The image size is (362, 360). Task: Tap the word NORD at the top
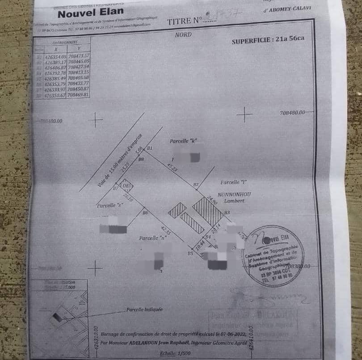[183, 35]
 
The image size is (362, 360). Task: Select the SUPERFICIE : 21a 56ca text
[268, 40]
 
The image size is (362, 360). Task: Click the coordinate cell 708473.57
[78, 55]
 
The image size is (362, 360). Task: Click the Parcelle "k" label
[183, 141]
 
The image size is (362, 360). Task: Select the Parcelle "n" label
[152, 238]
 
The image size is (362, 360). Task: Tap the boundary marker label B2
[196, 184]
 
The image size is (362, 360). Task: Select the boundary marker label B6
[145, 213]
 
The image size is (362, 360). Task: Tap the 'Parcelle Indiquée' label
[144, 309]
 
